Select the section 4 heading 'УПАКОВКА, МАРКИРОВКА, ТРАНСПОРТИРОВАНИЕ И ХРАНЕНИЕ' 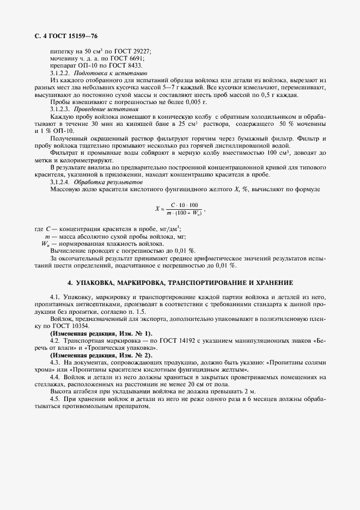pos(180,283)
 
